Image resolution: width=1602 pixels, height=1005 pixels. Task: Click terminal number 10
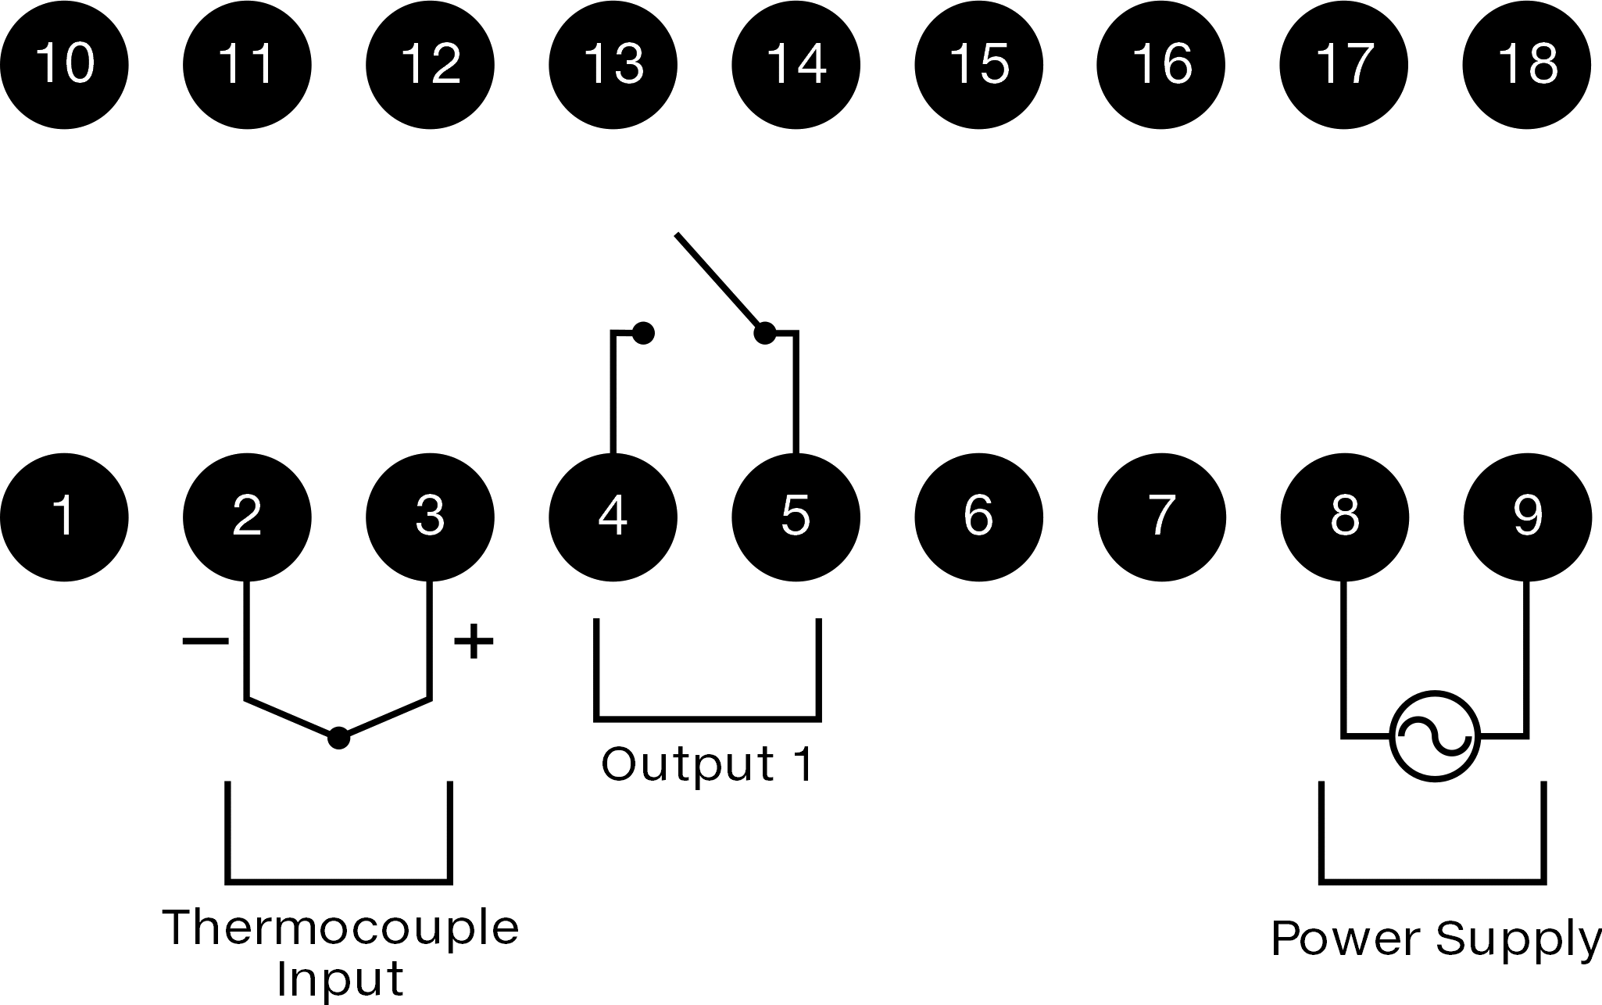click(x=64, y=64)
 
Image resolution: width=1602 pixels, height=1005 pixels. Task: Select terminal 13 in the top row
click(x=613, y=64)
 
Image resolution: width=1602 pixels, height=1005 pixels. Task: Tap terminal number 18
click(x=1527, y=64)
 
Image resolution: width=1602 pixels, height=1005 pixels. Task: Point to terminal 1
click(x=64, y=517)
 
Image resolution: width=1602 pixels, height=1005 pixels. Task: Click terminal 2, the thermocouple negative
click(x=247, y=517)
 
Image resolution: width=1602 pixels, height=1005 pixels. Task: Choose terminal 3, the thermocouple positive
click(x=431, y=517)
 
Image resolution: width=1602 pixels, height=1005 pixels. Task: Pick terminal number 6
click(x=978, y=517)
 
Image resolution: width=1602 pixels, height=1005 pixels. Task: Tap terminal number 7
click(x=1162, y=517)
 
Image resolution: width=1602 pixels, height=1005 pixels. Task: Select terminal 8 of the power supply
click(x=1344, y=517)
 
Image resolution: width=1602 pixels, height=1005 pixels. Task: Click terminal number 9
click(x=1527, y=517)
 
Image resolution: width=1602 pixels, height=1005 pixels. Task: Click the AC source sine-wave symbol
click(x=1435, y=736)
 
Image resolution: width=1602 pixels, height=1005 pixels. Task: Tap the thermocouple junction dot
click(x=338, y=737)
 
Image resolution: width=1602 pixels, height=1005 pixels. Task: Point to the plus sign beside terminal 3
click(x=474, y=642)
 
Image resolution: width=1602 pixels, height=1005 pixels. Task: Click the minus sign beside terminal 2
click(x=206, y=642)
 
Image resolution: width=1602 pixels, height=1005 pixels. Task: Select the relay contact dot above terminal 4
click(x=642, y=334)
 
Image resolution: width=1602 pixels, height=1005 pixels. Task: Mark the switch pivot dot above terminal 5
click(x=764, y=334)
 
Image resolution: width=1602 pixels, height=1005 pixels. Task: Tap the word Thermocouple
click(x=341, y=927)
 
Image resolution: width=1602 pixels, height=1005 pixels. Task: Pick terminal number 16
click(x=1162, y=64)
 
